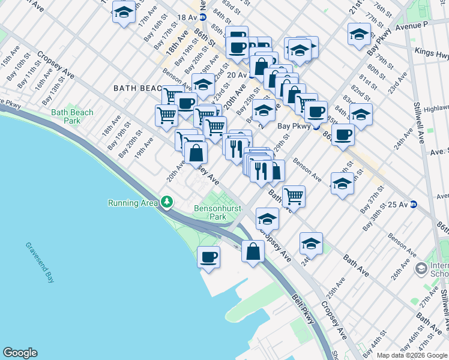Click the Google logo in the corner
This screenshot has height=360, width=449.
point(20,353)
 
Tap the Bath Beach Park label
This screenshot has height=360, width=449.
point(72,116)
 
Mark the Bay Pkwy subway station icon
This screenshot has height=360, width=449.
point(316,127)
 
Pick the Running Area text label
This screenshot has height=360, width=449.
point(133,203)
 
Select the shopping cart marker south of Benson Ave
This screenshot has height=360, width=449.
point(294,195)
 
